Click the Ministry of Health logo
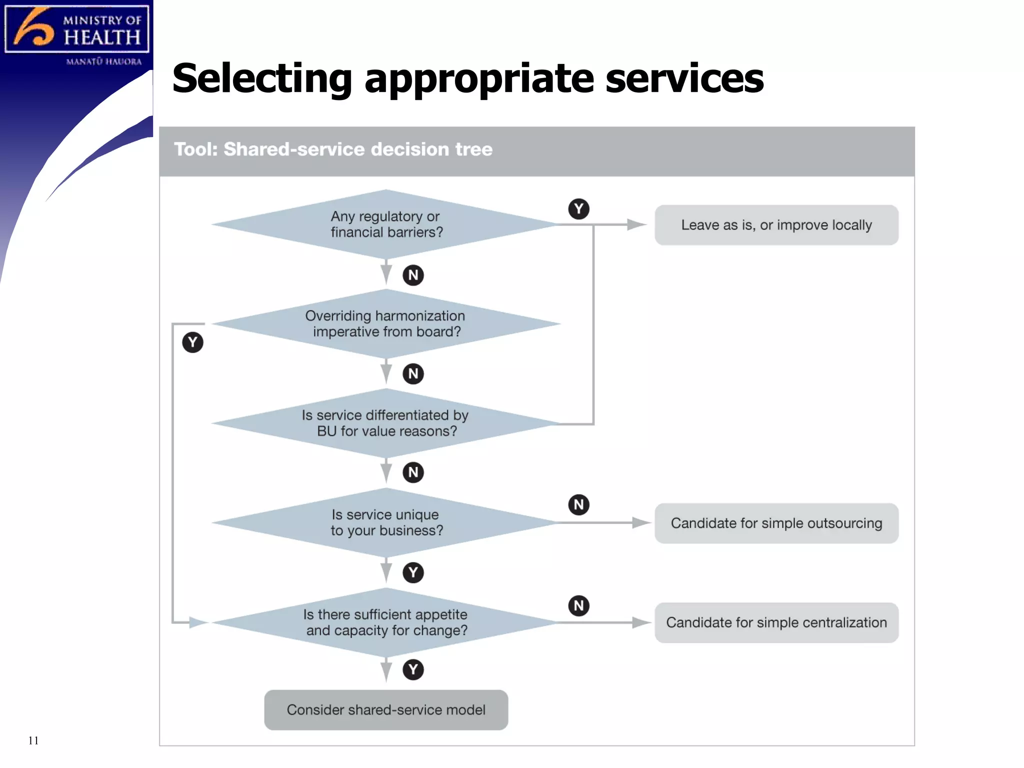tap(76, 30)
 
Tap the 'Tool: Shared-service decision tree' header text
tap(333, 149)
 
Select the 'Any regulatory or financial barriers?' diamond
tap(385, 224)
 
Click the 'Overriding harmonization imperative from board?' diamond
tap(385, 324)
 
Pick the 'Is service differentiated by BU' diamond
tap(385, 423)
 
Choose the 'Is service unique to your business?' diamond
tap(385, 522)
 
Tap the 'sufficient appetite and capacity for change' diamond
tap(385, 622)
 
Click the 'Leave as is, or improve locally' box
tap(776, 225)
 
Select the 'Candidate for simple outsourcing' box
tap(776, 523)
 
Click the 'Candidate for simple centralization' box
tap(776, 623)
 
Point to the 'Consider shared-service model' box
tap(386, 710)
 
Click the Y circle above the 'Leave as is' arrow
tap(578, 209)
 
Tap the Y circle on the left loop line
tap(192, 342)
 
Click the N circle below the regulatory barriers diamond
tap(413, 275)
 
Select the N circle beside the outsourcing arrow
tap(578, 505)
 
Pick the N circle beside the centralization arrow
tap(578, 606)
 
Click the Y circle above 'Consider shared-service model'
tap(413, 669)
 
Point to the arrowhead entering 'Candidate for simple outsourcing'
tap(641, 523)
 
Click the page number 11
tap(33, 740)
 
